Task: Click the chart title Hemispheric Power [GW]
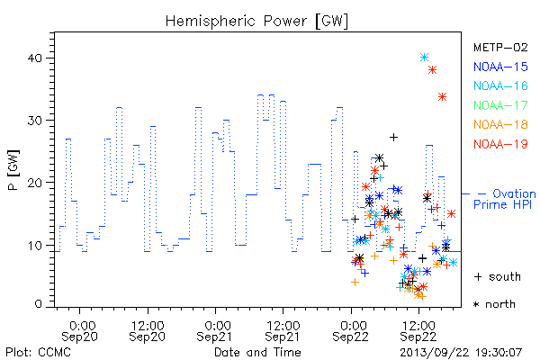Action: [256, 21]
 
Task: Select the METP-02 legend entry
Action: [500, 47]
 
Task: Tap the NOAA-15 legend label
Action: [500, 67]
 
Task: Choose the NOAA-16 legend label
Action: [500, 85]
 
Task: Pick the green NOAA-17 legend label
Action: [500, 105]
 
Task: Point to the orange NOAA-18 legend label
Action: [500, 124]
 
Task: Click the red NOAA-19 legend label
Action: [500, 144]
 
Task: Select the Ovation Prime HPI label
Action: [505, 199]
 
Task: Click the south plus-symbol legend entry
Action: [498, 276]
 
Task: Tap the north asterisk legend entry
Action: [494, 304]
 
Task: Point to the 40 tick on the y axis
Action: [35, 58]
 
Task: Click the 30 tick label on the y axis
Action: [35, 121]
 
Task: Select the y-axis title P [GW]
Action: [14, 170]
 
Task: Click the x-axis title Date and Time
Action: [257, 352]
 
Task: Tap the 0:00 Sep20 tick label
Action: [79, 331]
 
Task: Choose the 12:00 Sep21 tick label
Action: [283, 331]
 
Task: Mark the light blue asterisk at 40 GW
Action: [424, 58]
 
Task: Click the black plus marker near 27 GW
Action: [393, 137]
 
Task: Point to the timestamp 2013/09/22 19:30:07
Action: [461, 353]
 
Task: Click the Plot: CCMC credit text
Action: [38, 353]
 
